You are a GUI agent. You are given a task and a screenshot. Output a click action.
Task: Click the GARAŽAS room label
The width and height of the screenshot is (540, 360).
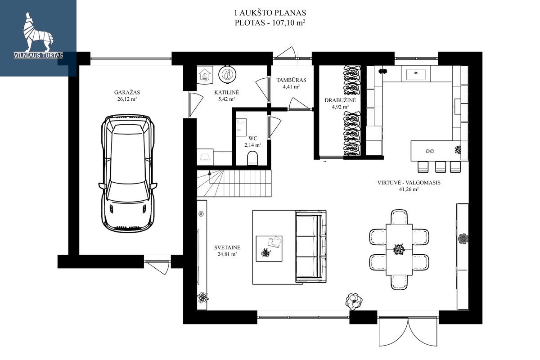[x=127, y=92]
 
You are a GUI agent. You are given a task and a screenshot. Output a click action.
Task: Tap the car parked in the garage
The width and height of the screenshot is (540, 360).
[x=128, y=173]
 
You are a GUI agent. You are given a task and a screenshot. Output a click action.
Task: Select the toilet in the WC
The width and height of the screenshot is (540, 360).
[x=252, y=158]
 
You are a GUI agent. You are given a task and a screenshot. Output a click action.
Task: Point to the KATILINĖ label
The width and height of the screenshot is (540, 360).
[x=227, y=92]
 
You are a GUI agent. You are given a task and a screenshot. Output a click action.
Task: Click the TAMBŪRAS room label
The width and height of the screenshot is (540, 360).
[x=291, y=80]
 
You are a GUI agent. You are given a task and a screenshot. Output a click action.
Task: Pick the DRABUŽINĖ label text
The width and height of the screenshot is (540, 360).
[x=340, y=100]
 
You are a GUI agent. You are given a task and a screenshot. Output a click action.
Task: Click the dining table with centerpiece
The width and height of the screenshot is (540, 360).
[x=399, y=250]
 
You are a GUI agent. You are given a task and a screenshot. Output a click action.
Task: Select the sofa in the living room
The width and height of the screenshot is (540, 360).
[x=311, y=246]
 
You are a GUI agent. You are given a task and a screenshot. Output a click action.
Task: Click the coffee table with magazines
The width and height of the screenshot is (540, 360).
[x=269, y=248]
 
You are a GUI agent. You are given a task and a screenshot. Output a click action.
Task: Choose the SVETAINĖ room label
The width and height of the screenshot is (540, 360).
[x=227, y=247]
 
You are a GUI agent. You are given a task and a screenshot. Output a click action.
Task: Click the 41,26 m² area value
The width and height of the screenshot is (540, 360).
[x=409, y=189]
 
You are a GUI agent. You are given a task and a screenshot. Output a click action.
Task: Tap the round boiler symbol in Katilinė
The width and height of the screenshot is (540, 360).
[x=227, y=74]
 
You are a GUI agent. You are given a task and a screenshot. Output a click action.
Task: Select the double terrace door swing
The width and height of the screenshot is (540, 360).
[x=408, y=332]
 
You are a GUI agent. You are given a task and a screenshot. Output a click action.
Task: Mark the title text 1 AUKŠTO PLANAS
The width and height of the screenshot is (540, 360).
[x=270, y=13]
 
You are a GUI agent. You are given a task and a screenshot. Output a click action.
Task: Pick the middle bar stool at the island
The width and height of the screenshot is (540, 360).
[x=441, y=167]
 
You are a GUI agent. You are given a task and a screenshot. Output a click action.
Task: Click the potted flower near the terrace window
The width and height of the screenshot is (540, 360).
[x=354, y=301]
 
